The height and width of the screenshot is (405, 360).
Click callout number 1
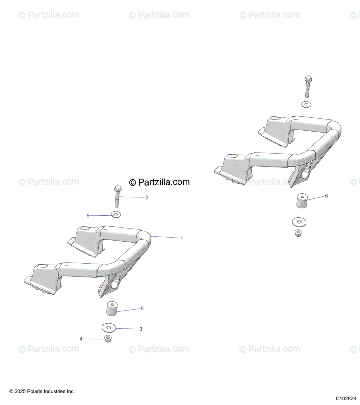tap(182, 238)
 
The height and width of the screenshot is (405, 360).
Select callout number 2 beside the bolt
tap(147, 197)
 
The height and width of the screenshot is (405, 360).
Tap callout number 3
tap(141, 329)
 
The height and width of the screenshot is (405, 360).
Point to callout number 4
tap(81, 339)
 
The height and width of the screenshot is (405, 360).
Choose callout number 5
tap(88, 216)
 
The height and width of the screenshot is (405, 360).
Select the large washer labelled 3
tap(109, 327)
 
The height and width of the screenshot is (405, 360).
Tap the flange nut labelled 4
tap(108, 339)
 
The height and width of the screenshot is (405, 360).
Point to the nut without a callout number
tap(298, 233)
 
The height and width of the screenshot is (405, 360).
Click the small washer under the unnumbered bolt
tap(306, 104)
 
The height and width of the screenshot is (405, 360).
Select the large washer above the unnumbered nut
tap(299, 222)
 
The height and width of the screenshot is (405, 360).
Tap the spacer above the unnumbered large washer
tap(302, 201)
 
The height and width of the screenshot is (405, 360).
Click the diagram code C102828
tap(346, 399)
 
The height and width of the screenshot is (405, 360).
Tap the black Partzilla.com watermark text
tap(164, 182)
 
